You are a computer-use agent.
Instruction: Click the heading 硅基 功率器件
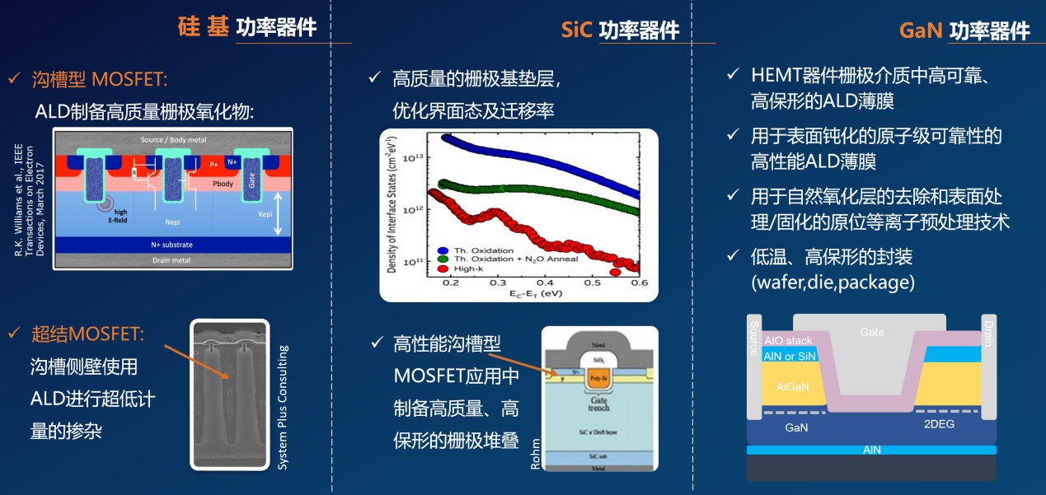247,26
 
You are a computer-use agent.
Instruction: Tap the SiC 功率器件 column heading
620,30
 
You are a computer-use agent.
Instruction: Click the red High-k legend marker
443,269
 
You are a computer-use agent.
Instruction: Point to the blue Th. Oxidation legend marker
443,250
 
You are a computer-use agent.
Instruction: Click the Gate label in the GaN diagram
872,332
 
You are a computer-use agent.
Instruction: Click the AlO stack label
788,340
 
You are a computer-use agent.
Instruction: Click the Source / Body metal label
173,139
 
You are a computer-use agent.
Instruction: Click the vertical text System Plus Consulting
283,409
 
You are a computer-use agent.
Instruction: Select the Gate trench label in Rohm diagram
599,404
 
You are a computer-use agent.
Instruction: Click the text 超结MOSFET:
88,334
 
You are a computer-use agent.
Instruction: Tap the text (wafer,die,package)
833,283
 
